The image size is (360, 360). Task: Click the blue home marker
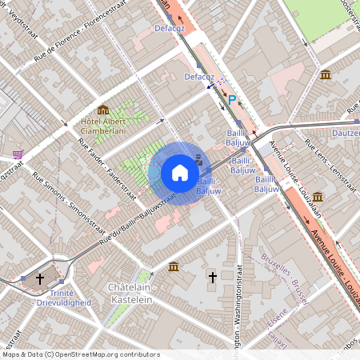[x=180, y=173]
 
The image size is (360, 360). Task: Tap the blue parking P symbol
[x=232, y=100]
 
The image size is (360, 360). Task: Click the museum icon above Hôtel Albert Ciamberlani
[x=102, y=110]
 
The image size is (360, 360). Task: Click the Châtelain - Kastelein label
[x=130, y=293]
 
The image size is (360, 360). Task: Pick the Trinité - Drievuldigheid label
[x=64, y=298]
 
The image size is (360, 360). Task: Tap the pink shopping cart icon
[x=18, y=154]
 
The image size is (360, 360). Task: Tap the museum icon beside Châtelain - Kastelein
[x=174, y=266]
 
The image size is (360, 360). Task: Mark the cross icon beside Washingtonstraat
[x=213, y=278]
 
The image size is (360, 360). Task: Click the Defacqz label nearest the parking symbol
[x=198, y=77]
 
